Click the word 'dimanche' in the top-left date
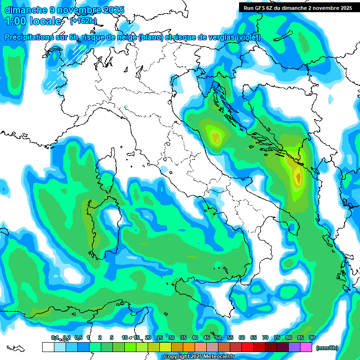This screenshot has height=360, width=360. [x=22, y=9]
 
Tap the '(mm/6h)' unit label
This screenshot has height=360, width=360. [x=327, y=348]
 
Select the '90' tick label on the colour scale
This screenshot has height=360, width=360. [x=312, y=337]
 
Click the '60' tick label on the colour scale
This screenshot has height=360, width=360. [x=241, y=337]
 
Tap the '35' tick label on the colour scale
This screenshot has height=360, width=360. [x=183, y=337]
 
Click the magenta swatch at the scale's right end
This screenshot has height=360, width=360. [x=306, y=347]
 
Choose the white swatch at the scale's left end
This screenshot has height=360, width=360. [x=48, y=347]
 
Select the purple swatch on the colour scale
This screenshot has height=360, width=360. [x=294, y=347]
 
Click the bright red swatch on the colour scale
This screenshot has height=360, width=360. [x=247, y=347]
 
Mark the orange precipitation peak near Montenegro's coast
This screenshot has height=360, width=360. [x=298, y=178]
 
